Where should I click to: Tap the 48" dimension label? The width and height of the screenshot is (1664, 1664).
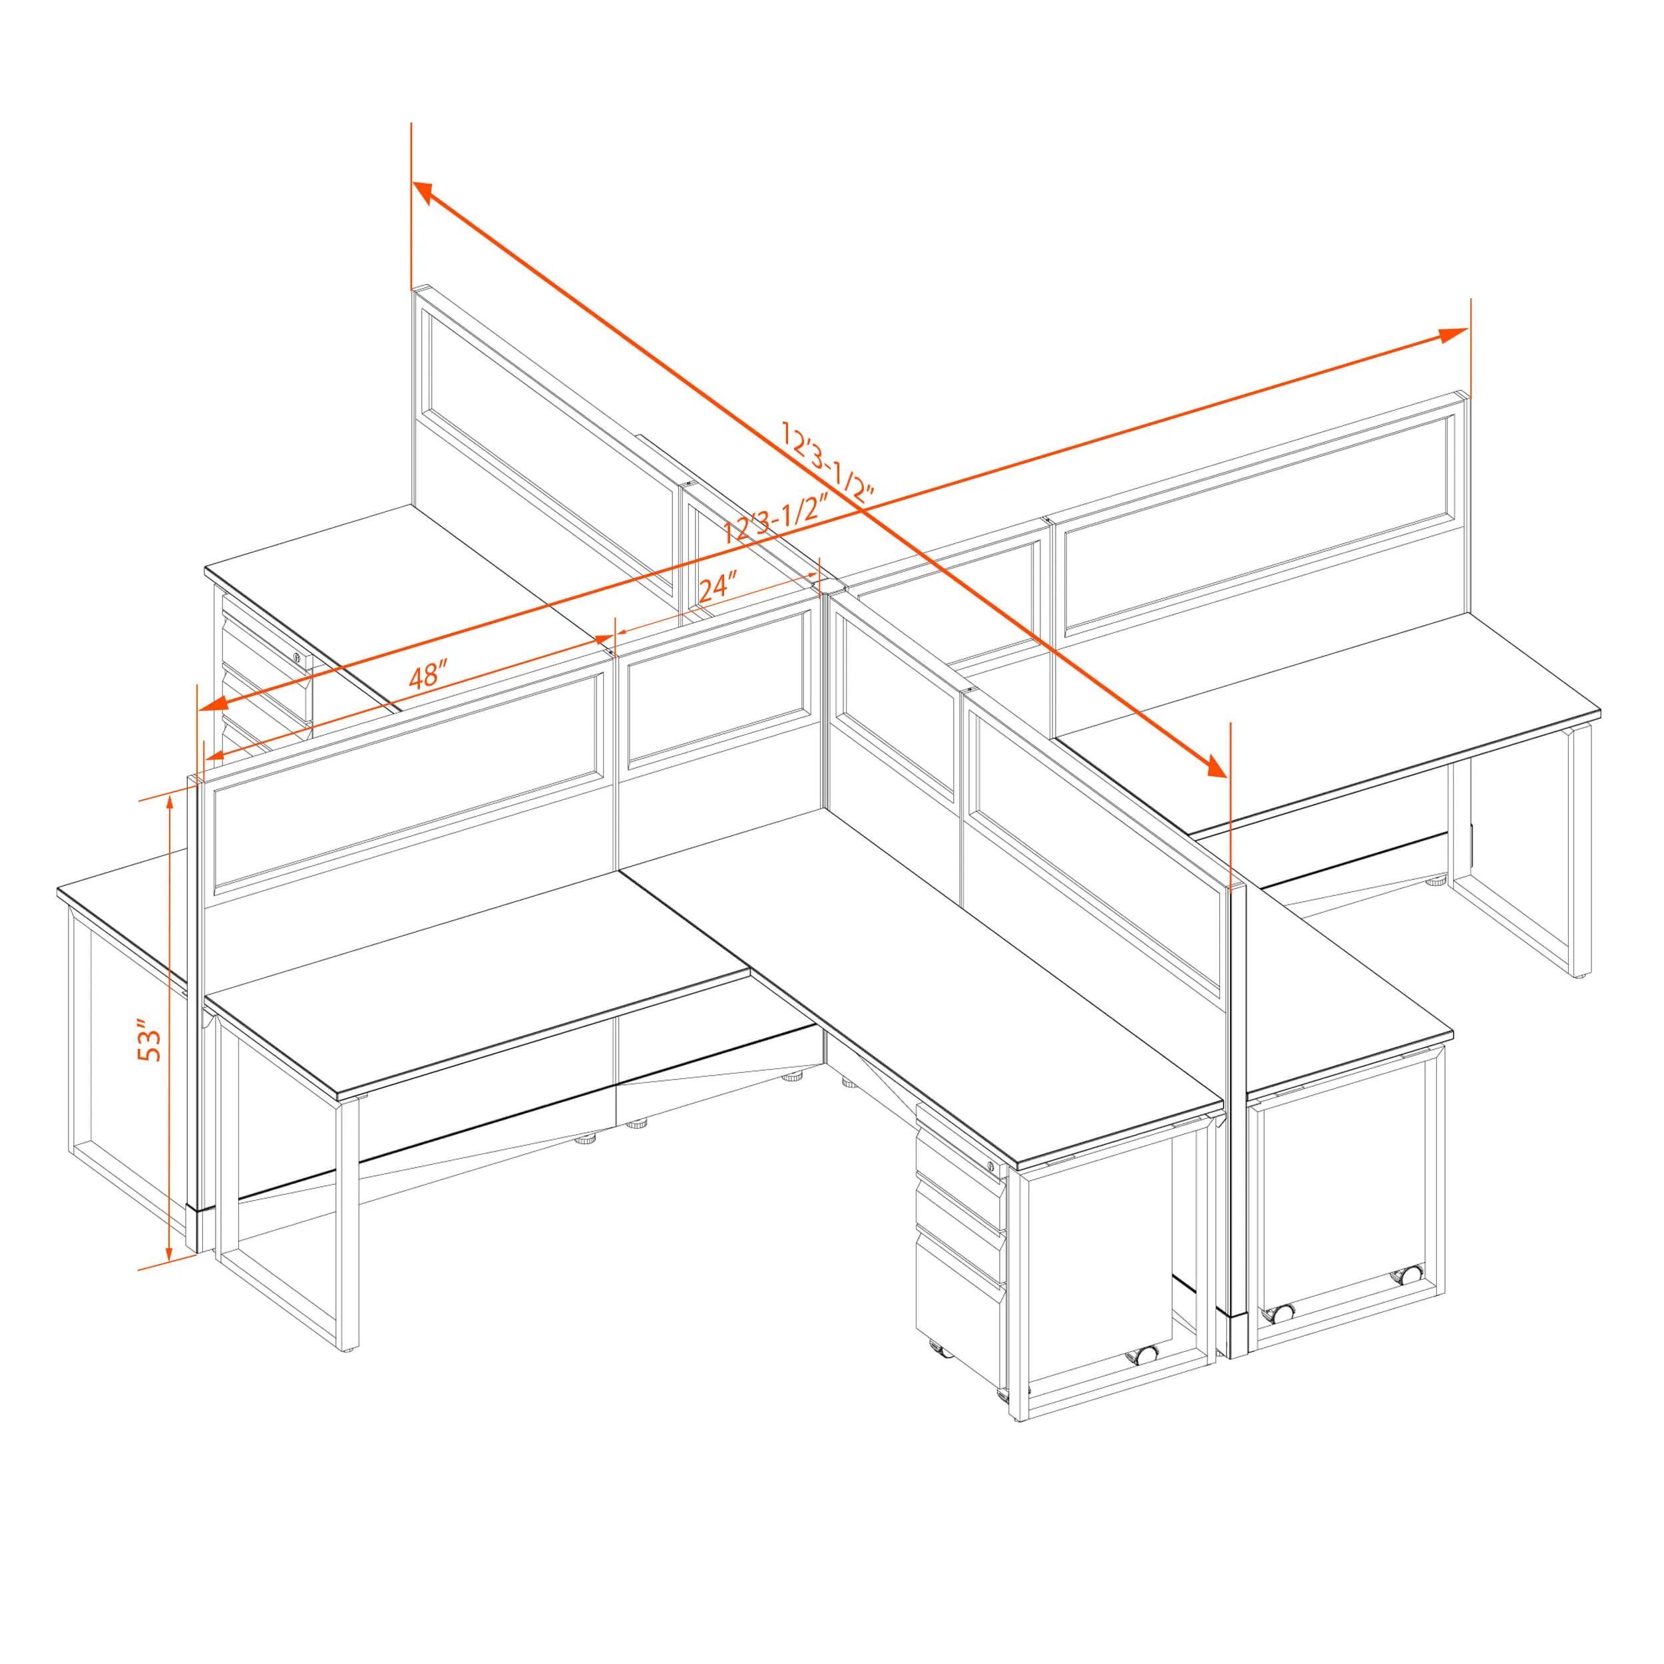coord(428,674)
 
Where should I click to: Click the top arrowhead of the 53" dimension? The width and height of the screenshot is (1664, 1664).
coord(170,803)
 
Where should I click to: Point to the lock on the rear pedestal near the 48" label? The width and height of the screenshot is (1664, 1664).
coord(298,658)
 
